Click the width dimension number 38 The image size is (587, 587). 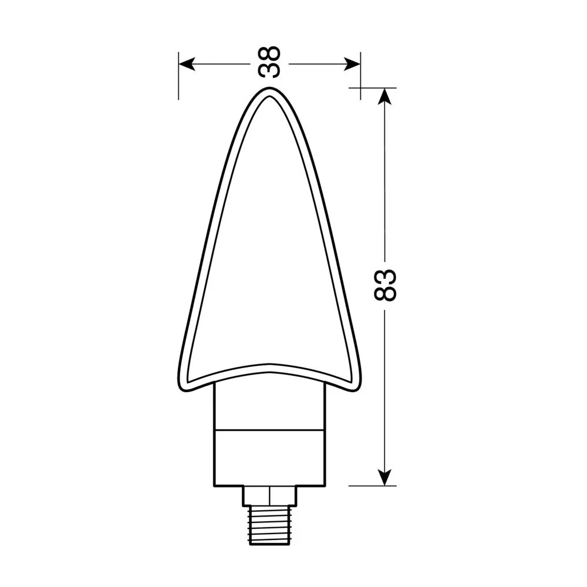pyautogui.click(x=269, y=62)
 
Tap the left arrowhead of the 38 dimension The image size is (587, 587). pyautogui.click(x=187, y=64)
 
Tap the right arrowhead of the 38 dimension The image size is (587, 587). pyautogui.click(x=352, y=64)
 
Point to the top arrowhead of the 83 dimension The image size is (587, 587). pyautogui.click(x=385, y=96)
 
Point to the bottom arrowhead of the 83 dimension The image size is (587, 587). pyautogui.click(x=385, y=477)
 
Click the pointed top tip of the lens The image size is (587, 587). pyautogui.click(x=269, y=88)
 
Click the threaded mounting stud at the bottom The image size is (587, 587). pyautogui.click(x=269, y=524)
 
